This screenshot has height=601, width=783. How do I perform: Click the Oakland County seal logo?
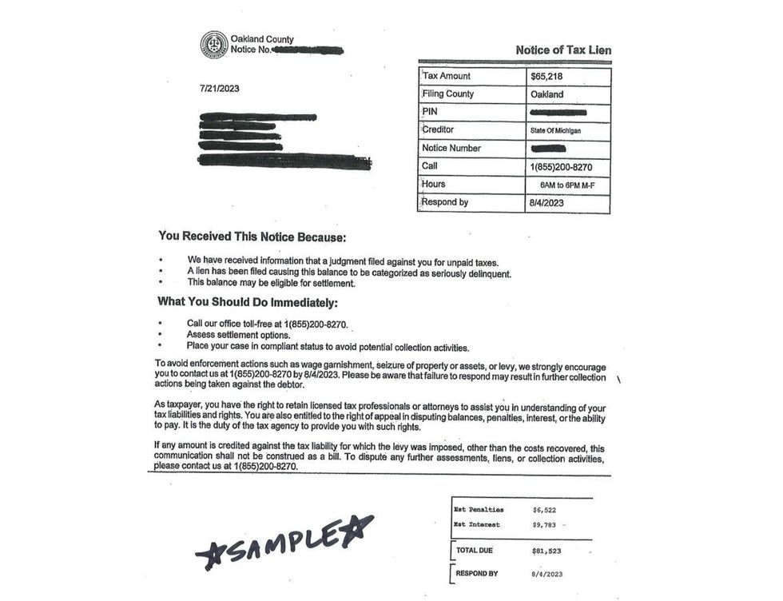click(x=213, y=44)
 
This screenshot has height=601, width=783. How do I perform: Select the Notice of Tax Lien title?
click(x=563, y=50)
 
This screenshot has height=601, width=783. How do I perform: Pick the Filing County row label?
click(x=447, y=94)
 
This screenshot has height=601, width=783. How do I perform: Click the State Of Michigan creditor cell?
click(x=557, y=130)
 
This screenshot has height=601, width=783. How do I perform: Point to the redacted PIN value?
click(x=558, y=113)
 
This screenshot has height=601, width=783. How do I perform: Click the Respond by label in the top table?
click(x=445, y=202)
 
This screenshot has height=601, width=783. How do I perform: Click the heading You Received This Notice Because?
click(x=252, y=237)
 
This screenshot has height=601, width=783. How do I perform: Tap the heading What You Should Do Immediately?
click(x=248, y=303)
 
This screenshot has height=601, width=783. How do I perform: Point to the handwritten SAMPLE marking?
click(x=284, y=543)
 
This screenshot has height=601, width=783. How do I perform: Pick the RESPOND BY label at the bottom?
click(x=477, y=574)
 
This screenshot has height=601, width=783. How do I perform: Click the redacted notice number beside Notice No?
click(x=308, y=50)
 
